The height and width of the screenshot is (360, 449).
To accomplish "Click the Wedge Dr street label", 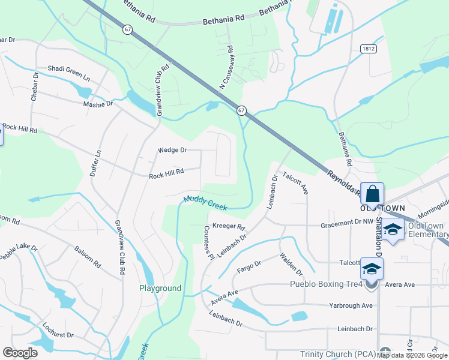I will point(172,150).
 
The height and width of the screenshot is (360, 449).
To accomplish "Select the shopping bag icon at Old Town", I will point(372,194).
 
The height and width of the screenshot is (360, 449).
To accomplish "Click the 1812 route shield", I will point(369,48).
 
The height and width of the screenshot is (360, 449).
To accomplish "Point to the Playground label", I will point(160,288).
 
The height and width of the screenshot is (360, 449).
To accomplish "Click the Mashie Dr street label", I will point(98,104).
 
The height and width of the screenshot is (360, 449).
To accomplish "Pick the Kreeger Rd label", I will point(229,227).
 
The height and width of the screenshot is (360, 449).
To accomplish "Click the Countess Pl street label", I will point(208,242).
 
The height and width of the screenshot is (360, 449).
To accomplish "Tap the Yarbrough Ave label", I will point(351,305).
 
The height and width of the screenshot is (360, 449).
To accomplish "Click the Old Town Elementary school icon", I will point(393,231).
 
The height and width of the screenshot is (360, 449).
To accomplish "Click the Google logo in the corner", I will point(20,353).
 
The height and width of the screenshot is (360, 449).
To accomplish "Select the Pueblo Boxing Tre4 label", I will point(327,284).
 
